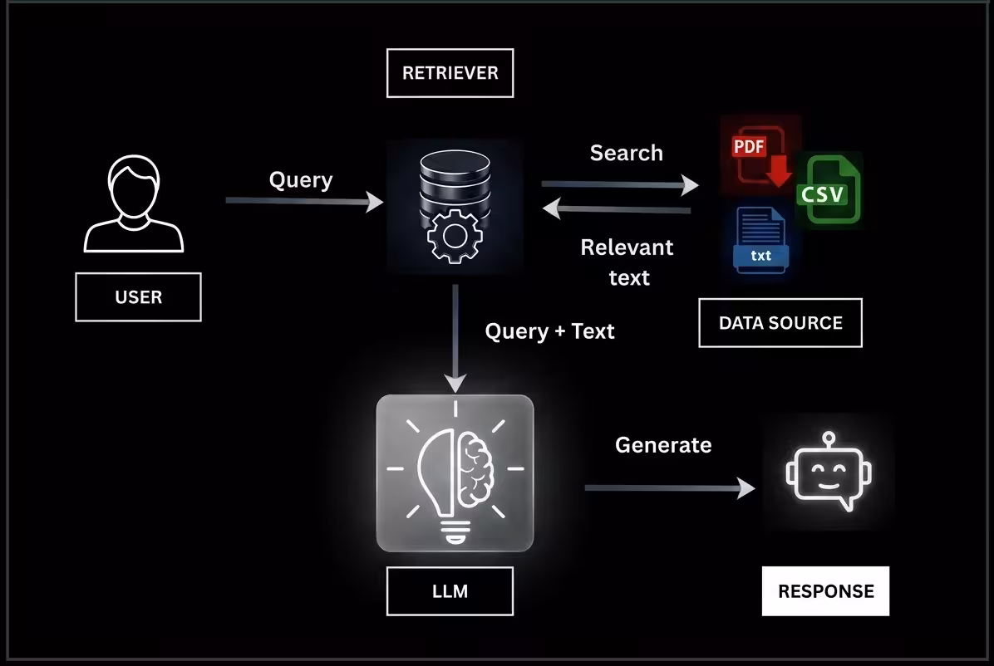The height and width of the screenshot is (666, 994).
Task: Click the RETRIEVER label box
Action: click(450, 73)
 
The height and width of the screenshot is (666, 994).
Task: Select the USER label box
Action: click(138, 297)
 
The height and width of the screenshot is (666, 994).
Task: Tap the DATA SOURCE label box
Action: click(780, 323)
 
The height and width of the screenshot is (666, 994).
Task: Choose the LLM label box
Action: click(450, 591)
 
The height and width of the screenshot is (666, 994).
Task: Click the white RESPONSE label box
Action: click(825, 591)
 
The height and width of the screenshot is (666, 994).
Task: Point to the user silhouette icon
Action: click(134, 206)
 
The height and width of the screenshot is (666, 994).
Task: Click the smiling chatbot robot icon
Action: click(828, 472)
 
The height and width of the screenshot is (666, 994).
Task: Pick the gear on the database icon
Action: click(454, 236)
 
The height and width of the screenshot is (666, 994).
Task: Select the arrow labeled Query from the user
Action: click(303, 201)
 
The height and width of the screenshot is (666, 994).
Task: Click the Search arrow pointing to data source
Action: click(620, 184)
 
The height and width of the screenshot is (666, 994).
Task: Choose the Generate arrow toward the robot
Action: click(670, 488)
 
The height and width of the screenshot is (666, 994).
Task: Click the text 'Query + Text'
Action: click(549, 331)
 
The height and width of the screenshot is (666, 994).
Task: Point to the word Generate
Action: click(663, 445)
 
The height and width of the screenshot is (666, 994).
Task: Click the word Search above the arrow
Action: click(627, 153)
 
